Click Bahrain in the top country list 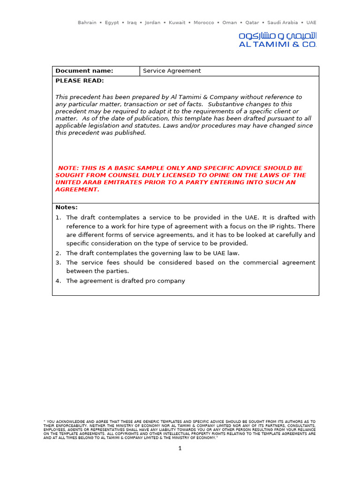[87, 22]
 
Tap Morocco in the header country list [204, 22]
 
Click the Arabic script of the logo [277, 36]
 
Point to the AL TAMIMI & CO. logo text [277, 45]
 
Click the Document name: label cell [84, 71]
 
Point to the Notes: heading [67, 207]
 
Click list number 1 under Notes [58, 217]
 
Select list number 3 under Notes [58, 262]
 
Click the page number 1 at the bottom [180, 449]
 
